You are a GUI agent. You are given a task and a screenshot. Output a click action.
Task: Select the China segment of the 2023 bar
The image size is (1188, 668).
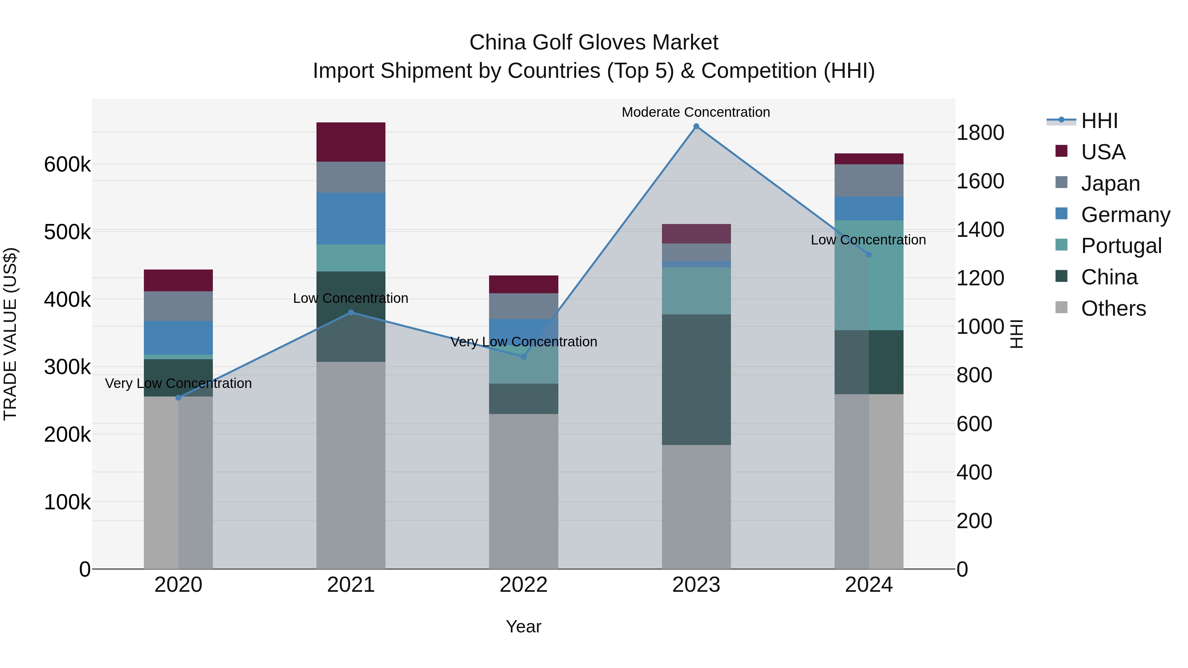click(x=696, y=379)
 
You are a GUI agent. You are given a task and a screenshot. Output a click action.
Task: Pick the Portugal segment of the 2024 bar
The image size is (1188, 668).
click(x=869, y=275)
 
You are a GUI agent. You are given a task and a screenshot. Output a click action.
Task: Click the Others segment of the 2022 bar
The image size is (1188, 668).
click(x=523, y=491)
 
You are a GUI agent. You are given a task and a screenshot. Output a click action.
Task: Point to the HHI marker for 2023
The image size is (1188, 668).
click(x=696, y=126)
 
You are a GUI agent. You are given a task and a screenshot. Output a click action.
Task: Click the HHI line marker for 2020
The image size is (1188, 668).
click(x=179, y=398)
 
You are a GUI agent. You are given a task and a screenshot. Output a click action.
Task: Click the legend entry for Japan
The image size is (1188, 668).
click(x=1110, y=183)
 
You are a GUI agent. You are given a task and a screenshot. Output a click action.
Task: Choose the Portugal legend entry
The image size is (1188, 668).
click(x=1121, y=246)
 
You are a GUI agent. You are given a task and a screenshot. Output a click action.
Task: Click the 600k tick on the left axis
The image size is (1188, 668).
click(x=67, y=165)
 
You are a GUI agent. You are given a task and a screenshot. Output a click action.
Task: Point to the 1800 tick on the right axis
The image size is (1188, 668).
click(x=980, y=133)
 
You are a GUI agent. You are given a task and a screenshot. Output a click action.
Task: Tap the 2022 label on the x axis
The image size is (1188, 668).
click(x=523, y=585)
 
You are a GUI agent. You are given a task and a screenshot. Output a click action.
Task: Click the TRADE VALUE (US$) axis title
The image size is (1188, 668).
click(x=10, y=334)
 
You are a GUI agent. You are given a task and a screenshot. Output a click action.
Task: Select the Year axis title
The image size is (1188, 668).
click(x=523, y=626)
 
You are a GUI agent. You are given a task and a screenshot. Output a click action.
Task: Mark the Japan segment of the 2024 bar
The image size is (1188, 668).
click(x=869, y=180)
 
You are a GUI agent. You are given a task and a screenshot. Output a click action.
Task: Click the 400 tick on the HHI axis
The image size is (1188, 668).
click(x=974, y=472)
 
